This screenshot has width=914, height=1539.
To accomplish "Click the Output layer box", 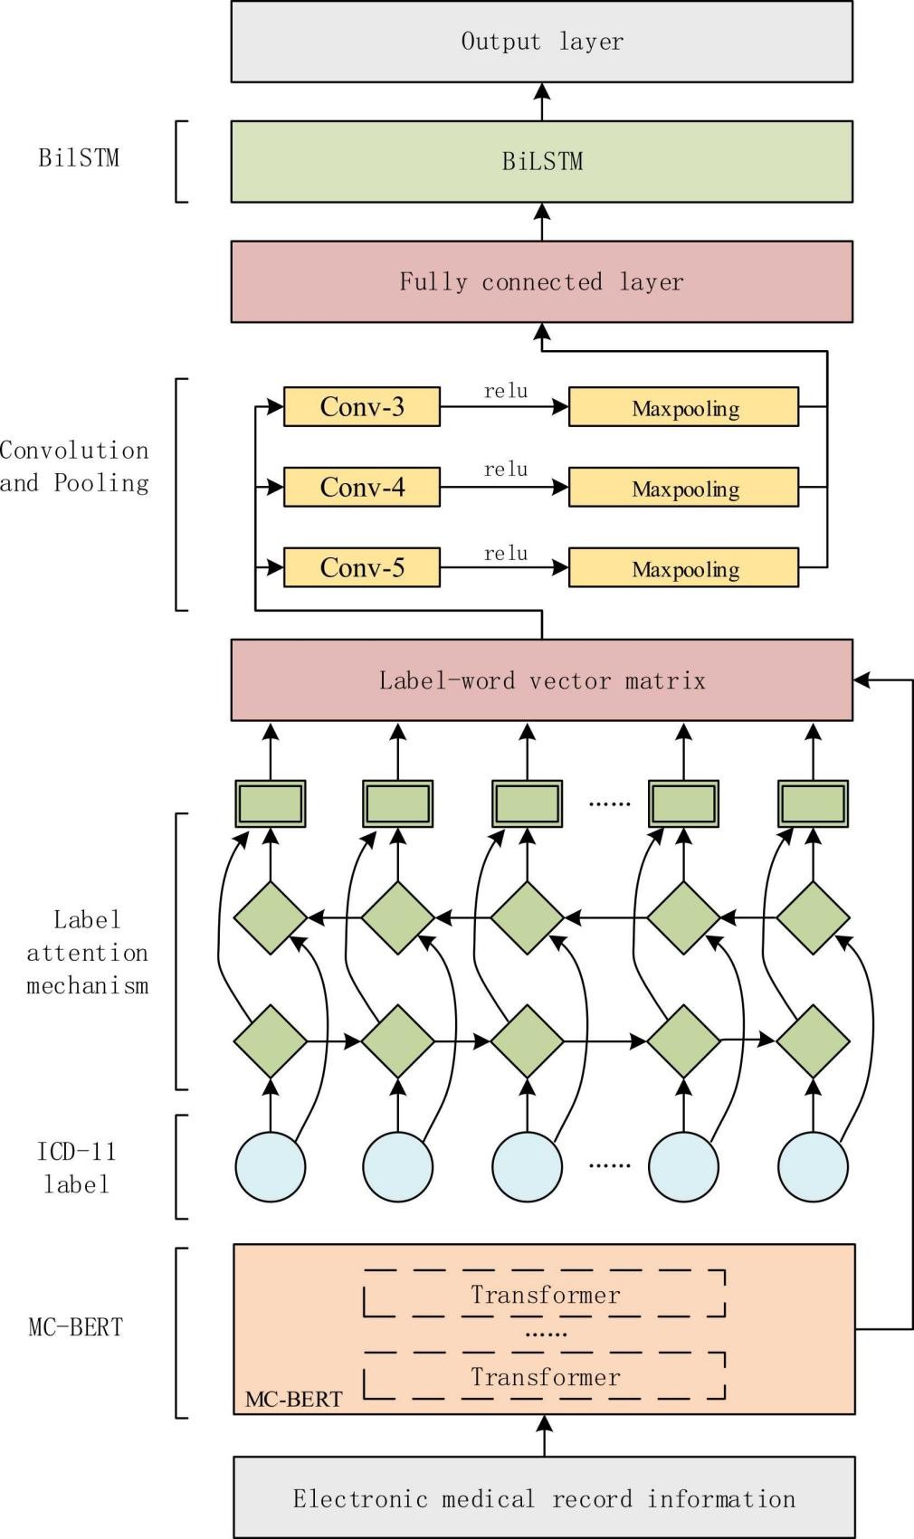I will click(x=541, y=42).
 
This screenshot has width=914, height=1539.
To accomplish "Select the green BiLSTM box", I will click(x=541, y=162).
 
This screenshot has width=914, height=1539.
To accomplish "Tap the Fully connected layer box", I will click(x=541, y=281).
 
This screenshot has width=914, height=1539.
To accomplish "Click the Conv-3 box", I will click(x=362, y=407).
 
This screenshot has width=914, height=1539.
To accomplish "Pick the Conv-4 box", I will click(x=362, y=488).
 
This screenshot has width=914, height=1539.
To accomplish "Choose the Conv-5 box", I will click(x=362, y=567).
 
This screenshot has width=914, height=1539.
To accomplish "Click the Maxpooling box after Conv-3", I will click(x=684, y=408).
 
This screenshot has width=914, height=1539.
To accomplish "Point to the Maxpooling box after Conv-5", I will click(x=684, y=568).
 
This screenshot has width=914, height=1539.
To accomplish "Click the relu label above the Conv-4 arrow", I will click(x=505, y=470).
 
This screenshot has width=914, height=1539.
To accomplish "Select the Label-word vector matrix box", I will click(x=541, y=680).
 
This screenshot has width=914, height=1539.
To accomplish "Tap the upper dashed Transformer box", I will click(x=545, y=1294).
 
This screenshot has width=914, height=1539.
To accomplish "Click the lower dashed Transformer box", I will click(x=545, y=1376).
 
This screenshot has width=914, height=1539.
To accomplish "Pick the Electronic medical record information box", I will click(x=544, y=1498).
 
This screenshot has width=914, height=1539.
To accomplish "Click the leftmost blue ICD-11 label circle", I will click(x=271, y=1166).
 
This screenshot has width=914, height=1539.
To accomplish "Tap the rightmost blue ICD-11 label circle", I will click(x=813, y=1166).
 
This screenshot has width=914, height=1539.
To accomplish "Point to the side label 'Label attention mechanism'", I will click(x=87, y=953).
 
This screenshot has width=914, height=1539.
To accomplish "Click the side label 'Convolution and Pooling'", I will click(x=74, y=467).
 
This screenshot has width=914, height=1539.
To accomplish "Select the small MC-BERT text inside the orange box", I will click(x=293, y=1399).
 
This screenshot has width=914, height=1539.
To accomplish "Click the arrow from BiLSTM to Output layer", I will click(x=542, y=101).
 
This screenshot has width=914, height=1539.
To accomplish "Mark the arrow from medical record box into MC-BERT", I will click(x=544, y=1435).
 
